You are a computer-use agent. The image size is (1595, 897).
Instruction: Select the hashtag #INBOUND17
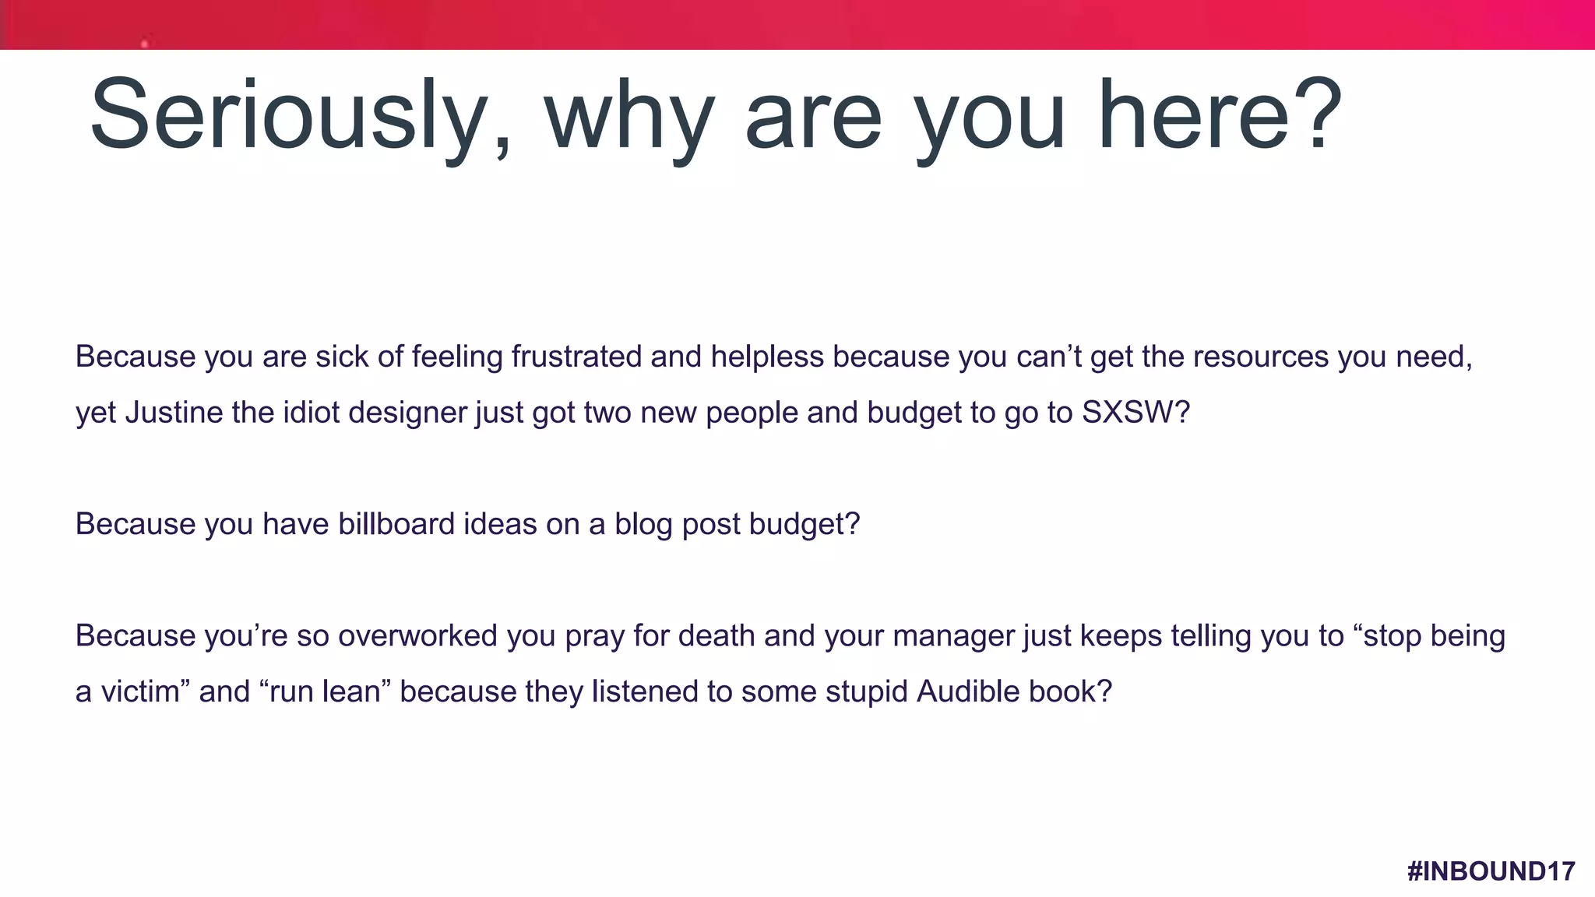1491,871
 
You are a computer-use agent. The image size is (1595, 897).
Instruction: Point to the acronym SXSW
1127,412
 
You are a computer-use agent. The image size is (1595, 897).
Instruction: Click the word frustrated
576,357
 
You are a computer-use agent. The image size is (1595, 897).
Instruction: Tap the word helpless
766,357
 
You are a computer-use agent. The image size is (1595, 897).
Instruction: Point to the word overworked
418,636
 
